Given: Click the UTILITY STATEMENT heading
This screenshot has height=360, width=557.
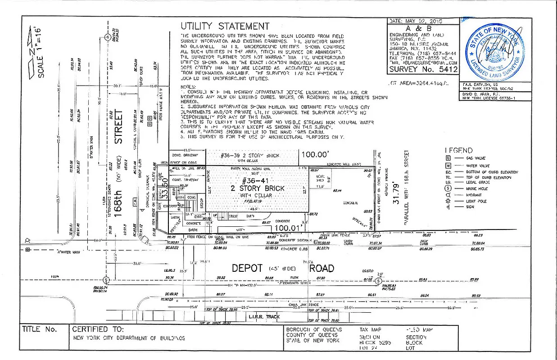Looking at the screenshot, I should click(225, 26).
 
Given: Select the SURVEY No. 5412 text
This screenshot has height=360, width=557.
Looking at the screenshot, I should click(423, 69).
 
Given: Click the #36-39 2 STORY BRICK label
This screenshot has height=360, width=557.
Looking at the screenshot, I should click(250, 156).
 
